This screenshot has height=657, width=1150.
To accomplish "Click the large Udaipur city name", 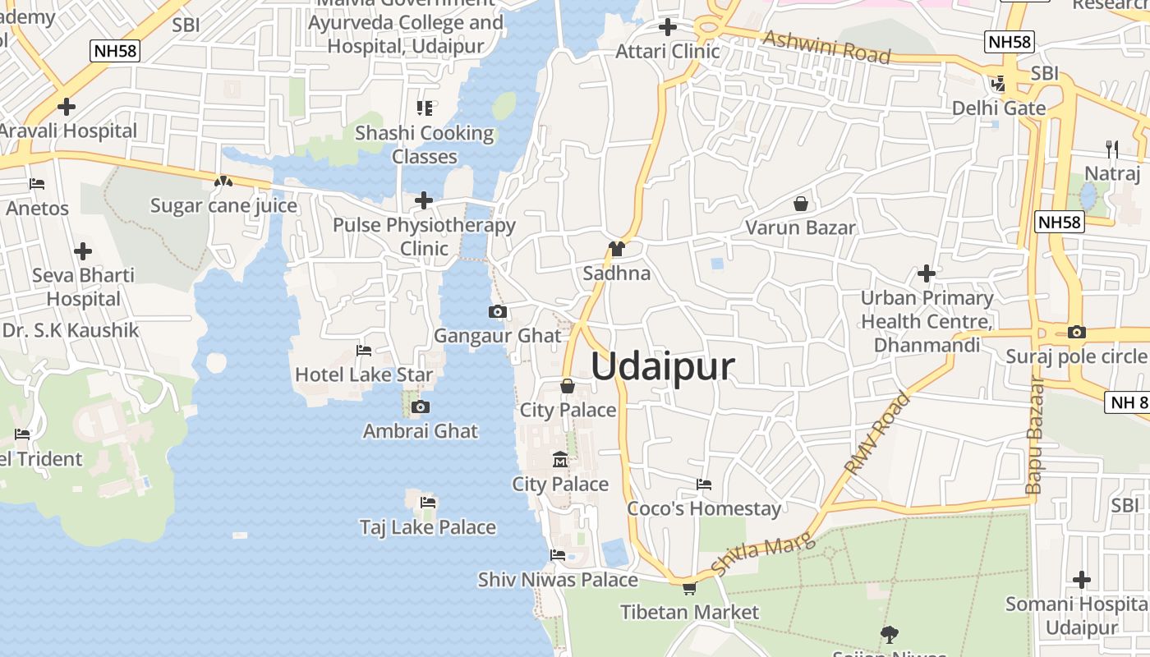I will [662, 366].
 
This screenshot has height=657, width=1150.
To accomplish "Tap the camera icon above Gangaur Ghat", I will [497, 311].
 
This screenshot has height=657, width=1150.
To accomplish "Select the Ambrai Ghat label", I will [421, 430].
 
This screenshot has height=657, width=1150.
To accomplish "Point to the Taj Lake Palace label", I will [428, 527].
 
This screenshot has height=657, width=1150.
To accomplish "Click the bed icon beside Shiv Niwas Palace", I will [558, 555].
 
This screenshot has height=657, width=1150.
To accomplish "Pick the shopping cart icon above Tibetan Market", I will [689, 587].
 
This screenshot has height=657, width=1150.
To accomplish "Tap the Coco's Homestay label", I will [704, 508].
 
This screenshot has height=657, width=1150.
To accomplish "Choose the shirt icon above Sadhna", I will [617, 249].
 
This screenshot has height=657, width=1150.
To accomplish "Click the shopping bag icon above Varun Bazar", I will [801, 203].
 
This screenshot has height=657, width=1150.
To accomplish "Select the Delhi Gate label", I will [999, 108].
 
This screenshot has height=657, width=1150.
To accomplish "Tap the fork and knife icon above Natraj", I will [1112, 149].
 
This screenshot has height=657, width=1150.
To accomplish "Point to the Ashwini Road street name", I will [826, 48].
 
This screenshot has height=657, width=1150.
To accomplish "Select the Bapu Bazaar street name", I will [1034, 435].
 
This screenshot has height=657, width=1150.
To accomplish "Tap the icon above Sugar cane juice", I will [223, 181].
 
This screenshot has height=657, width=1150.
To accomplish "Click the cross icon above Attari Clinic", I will [668, 27].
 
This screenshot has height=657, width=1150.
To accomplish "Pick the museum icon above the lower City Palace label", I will [560, 459].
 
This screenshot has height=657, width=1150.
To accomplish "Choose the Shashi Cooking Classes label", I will [425, 145].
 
